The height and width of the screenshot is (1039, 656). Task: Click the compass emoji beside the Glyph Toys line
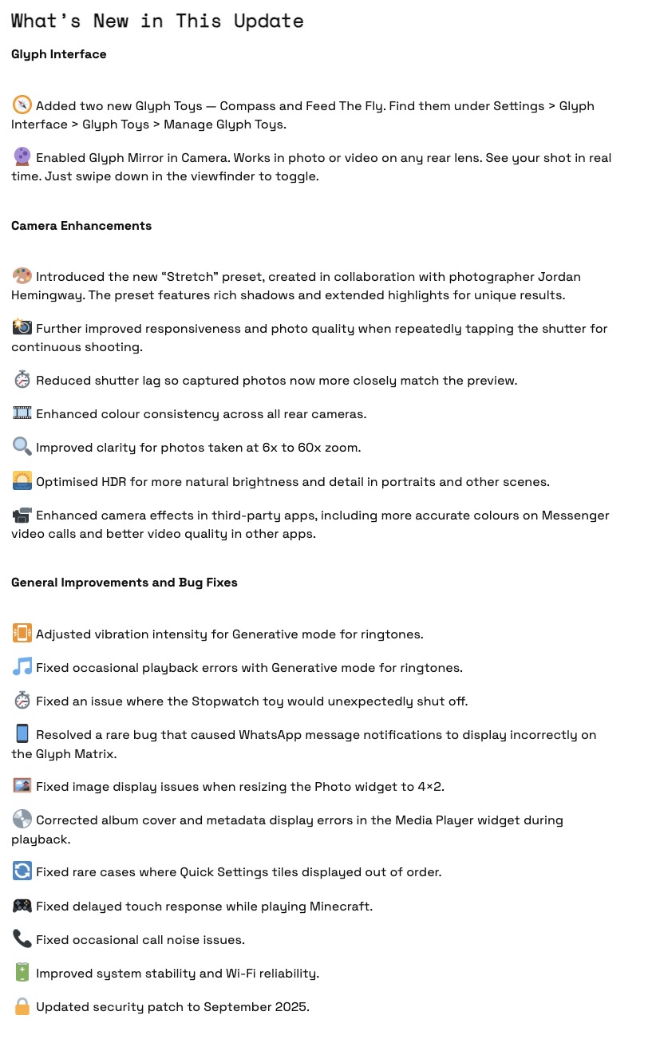[x=22, y=105]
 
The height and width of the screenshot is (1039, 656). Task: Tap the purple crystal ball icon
[x=22, y=157]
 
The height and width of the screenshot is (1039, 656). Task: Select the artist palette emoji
[x=22, y=276]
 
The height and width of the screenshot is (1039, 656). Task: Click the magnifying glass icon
[x=22, y=447]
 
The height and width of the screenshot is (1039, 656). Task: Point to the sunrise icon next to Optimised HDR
[x=22, y=481]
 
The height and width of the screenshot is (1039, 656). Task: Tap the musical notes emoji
[x=22, y=667]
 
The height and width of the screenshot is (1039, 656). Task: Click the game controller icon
[x=22, y=906]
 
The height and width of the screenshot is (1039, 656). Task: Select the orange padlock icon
[x=22, y=1007]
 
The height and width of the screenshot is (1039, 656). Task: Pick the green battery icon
[x=22, y=973]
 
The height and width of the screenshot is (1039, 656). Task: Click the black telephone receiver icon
[x=22, y=939]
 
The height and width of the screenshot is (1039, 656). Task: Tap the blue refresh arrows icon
[x=22, y=871]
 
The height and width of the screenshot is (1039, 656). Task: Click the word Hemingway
[x=46, y=295]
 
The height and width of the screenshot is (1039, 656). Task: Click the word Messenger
[x=575, y=516]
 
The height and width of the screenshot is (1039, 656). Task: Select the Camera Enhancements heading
[x=81, y=226]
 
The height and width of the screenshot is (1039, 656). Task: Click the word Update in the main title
[x=268, y=21]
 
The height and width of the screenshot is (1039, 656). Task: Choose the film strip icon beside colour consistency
[x=22, y=413]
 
